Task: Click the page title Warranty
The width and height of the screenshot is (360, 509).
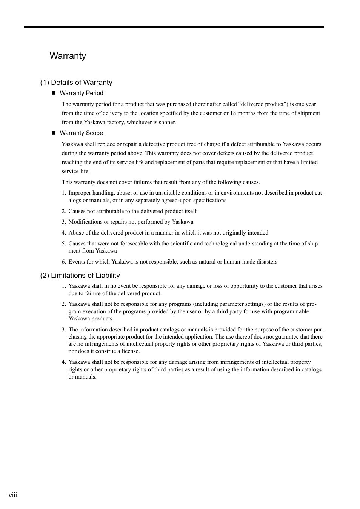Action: pos(68,56)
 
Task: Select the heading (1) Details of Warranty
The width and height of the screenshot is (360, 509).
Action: pos(76,83)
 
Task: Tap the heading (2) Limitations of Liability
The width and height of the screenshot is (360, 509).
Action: pos(80,276)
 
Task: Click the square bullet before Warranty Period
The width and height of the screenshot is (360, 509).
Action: pos(53,93)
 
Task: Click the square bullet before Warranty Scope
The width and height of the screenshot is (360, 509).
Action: pos(53,133)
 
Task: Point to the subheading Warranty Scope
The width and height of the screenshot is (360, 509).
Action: pos(81,133)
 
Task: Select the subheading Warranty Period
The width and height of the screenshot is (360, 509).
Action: pos(81,93)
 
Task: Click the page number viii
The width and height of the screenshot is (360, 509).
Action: pos(13,495)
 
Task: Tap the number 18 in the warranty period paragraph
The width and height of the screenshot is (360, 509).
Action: pos(233,113)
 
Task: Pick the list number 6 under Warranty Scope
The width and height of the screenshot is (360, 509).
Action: pos(63,262)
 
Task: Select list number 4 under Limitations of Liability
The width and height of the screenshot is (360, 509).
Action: pos(63,362)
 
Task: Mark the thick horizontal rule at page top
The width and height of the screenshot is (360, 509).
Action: pos(174,27)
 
